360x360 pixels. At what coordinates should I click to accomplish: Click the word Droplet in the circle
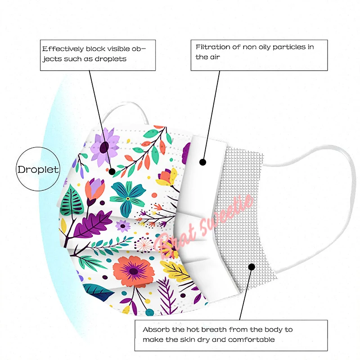[x=38, y=170]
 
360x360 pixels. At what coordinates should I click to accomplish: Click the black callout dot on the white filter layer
[x=202, y=162]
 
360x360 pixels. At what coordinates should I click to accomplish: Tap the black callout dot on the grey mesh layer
[x=252, y=267]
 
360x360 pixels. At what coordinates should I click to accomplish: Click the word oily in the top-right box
[x=262, y=47]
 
